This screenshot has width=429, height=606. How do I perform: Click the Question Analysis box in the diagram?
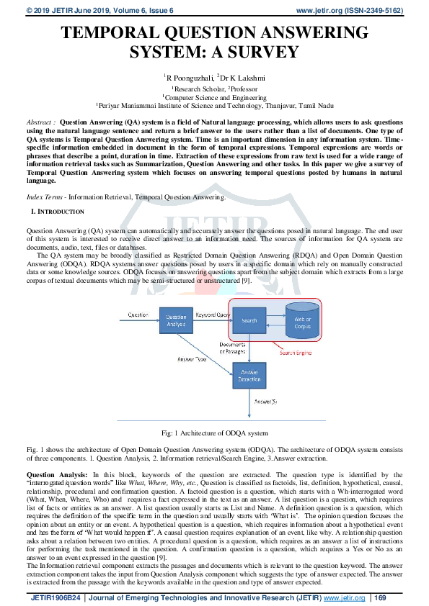click(176, 320)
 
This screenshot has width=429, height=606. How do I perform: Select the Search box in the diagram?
click(249, 320)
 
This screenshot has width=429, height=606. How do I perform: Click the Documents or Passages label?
click(231, 348)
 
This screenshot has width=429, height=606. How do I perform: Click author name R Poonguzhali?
click(193, 76)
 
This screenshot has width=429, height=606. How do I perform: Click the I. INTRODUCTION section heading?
click(58, 212)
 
